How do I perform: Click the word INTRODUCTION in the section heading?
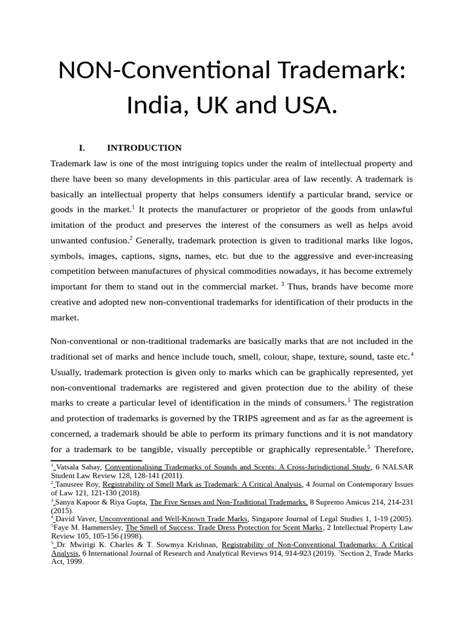click(x=144, y=147)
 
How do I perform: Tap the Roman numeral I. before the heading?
click(x=82, y=147)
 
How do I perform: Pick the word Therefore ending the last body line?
click(x=393, y=449)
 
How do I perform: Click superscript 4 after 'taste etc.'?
click(x=412, y=354)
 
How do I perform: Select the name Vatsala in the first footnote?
click(x=69, y=467)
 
